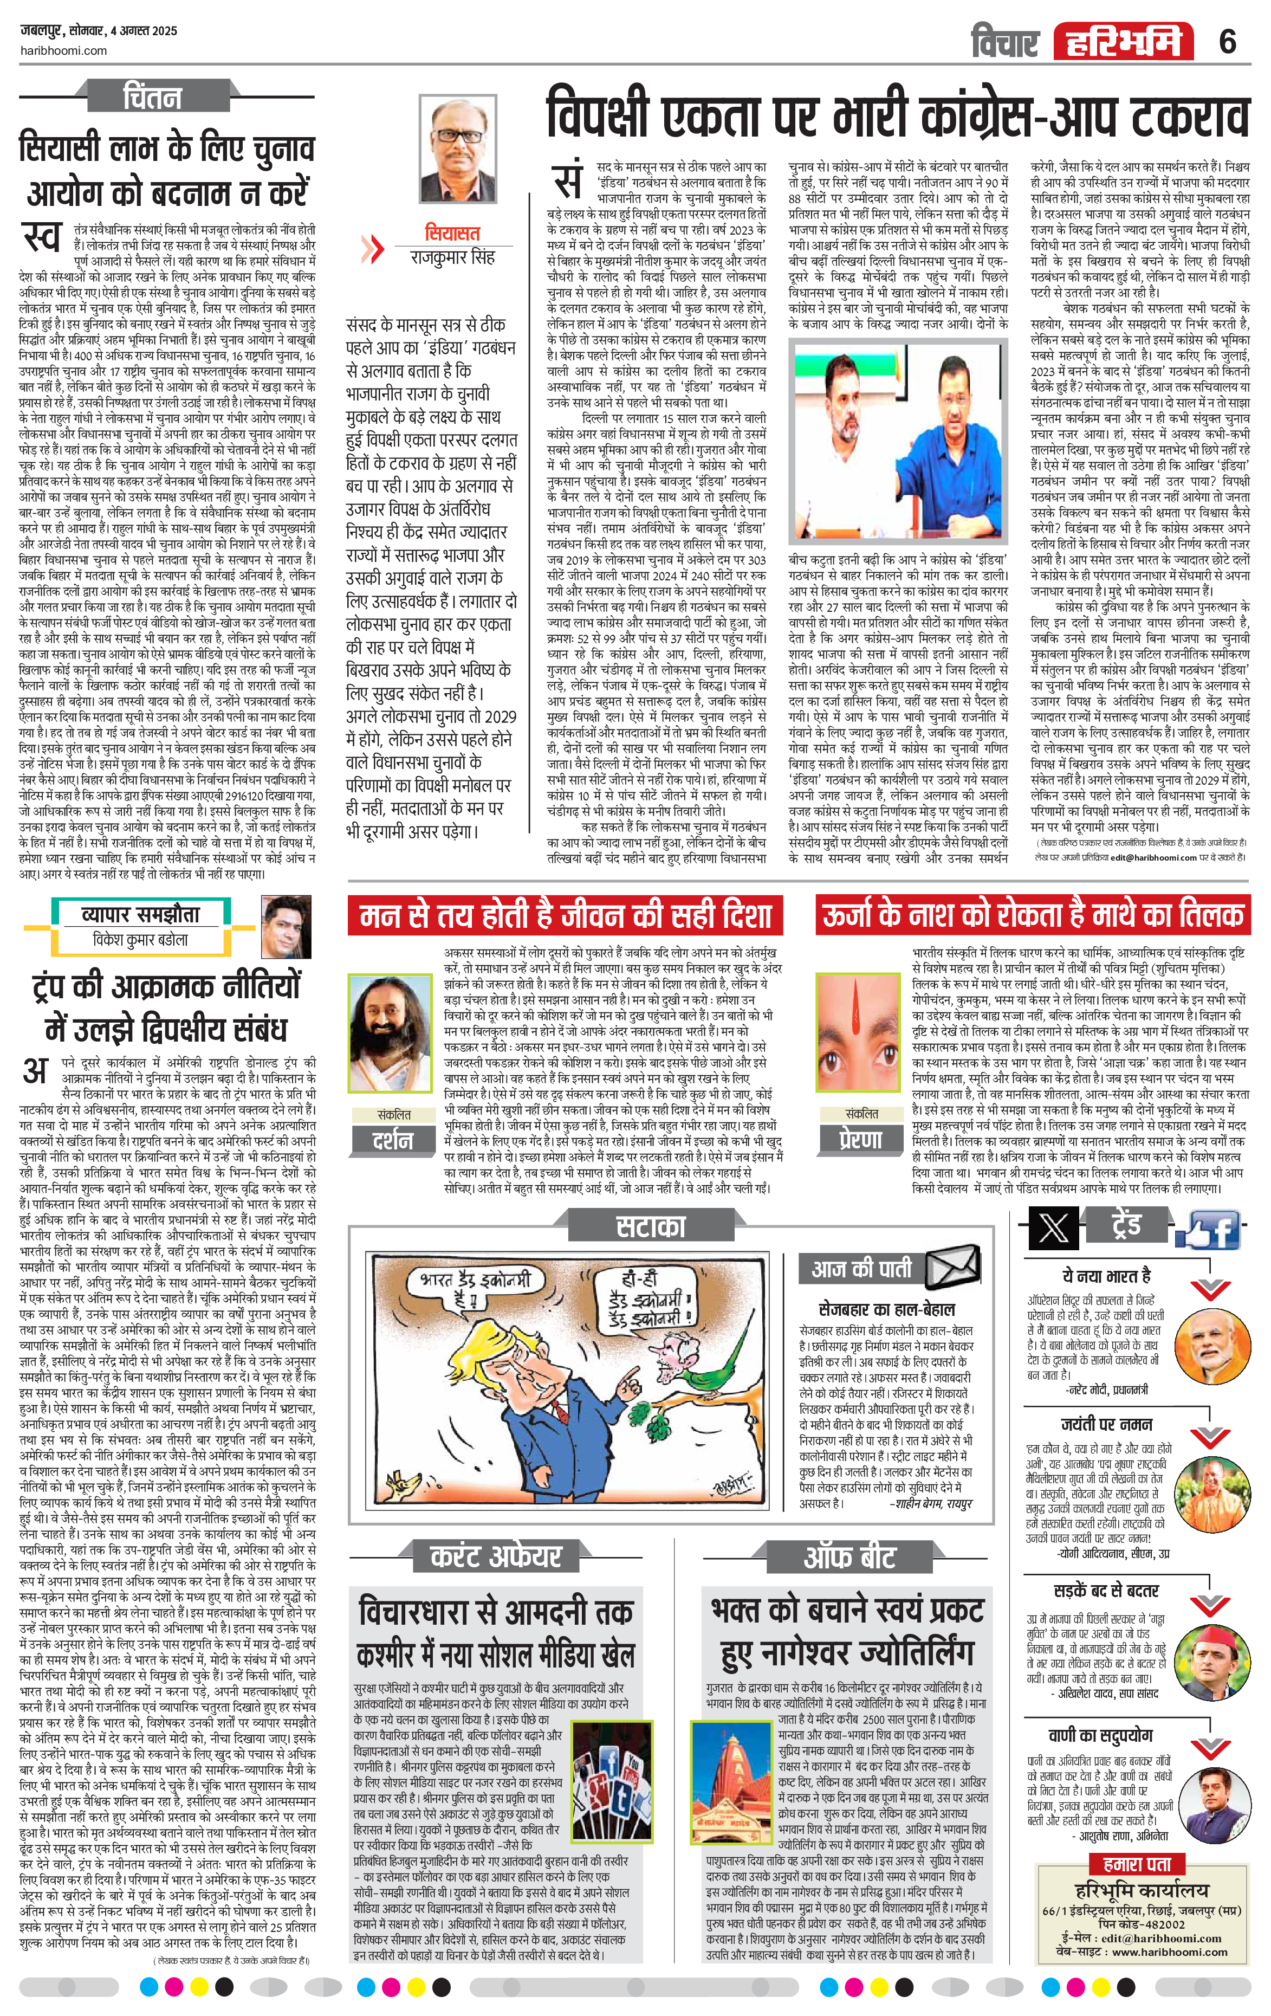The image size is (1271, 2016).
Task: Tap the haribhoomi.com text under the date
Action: point(63,50)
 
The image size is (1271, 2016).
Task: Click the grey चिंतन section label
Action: point(152,97)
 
